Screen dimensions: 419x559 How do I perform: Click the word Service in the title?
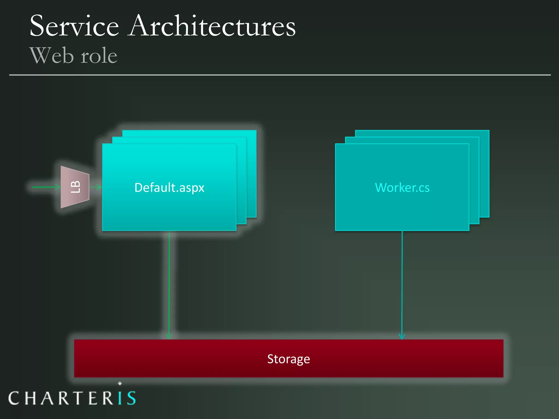[x=74, y=26]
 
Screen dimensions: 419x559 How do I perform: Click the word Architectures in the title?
[x=212, y=26]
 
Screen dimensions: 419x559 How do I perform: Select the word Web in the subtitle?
[x=52, y=56]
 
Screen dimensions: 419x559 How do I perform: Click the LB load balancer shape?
[x=75, y=187]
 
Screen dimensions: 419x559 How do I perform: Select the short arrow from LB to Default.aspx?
[x=96, y=187]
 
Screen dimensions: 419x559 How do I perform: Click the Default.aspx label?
[x=169, y=188]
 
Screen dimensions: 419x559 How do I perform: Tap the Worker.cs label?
[x=402, y=188]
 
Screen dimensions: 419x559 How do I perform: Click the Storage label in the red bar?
[x=289, y=359]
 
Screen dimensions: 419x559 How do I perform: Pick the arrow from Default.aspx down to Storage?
[x=169, y=284]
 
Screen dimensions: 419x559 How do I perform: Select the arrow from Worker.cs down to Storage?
[x=402, y=284]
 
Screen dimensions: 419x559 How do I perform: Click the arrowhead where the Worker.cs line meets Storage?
[x=402, y=337]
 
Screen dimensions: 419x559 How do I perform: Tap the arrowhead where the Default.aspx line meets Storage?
[x=169, y=337]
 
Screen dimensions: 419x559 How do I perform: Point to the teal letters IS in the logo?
[x=127, y=398]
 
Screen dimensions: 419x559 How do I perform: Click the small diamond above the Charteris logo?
[x=120, y=383]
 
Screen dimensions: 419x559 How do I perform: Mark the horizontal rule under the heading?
[x=279, y=75]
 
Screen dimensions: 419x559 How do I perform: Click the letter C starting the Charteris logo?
[x=14, y=398]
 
